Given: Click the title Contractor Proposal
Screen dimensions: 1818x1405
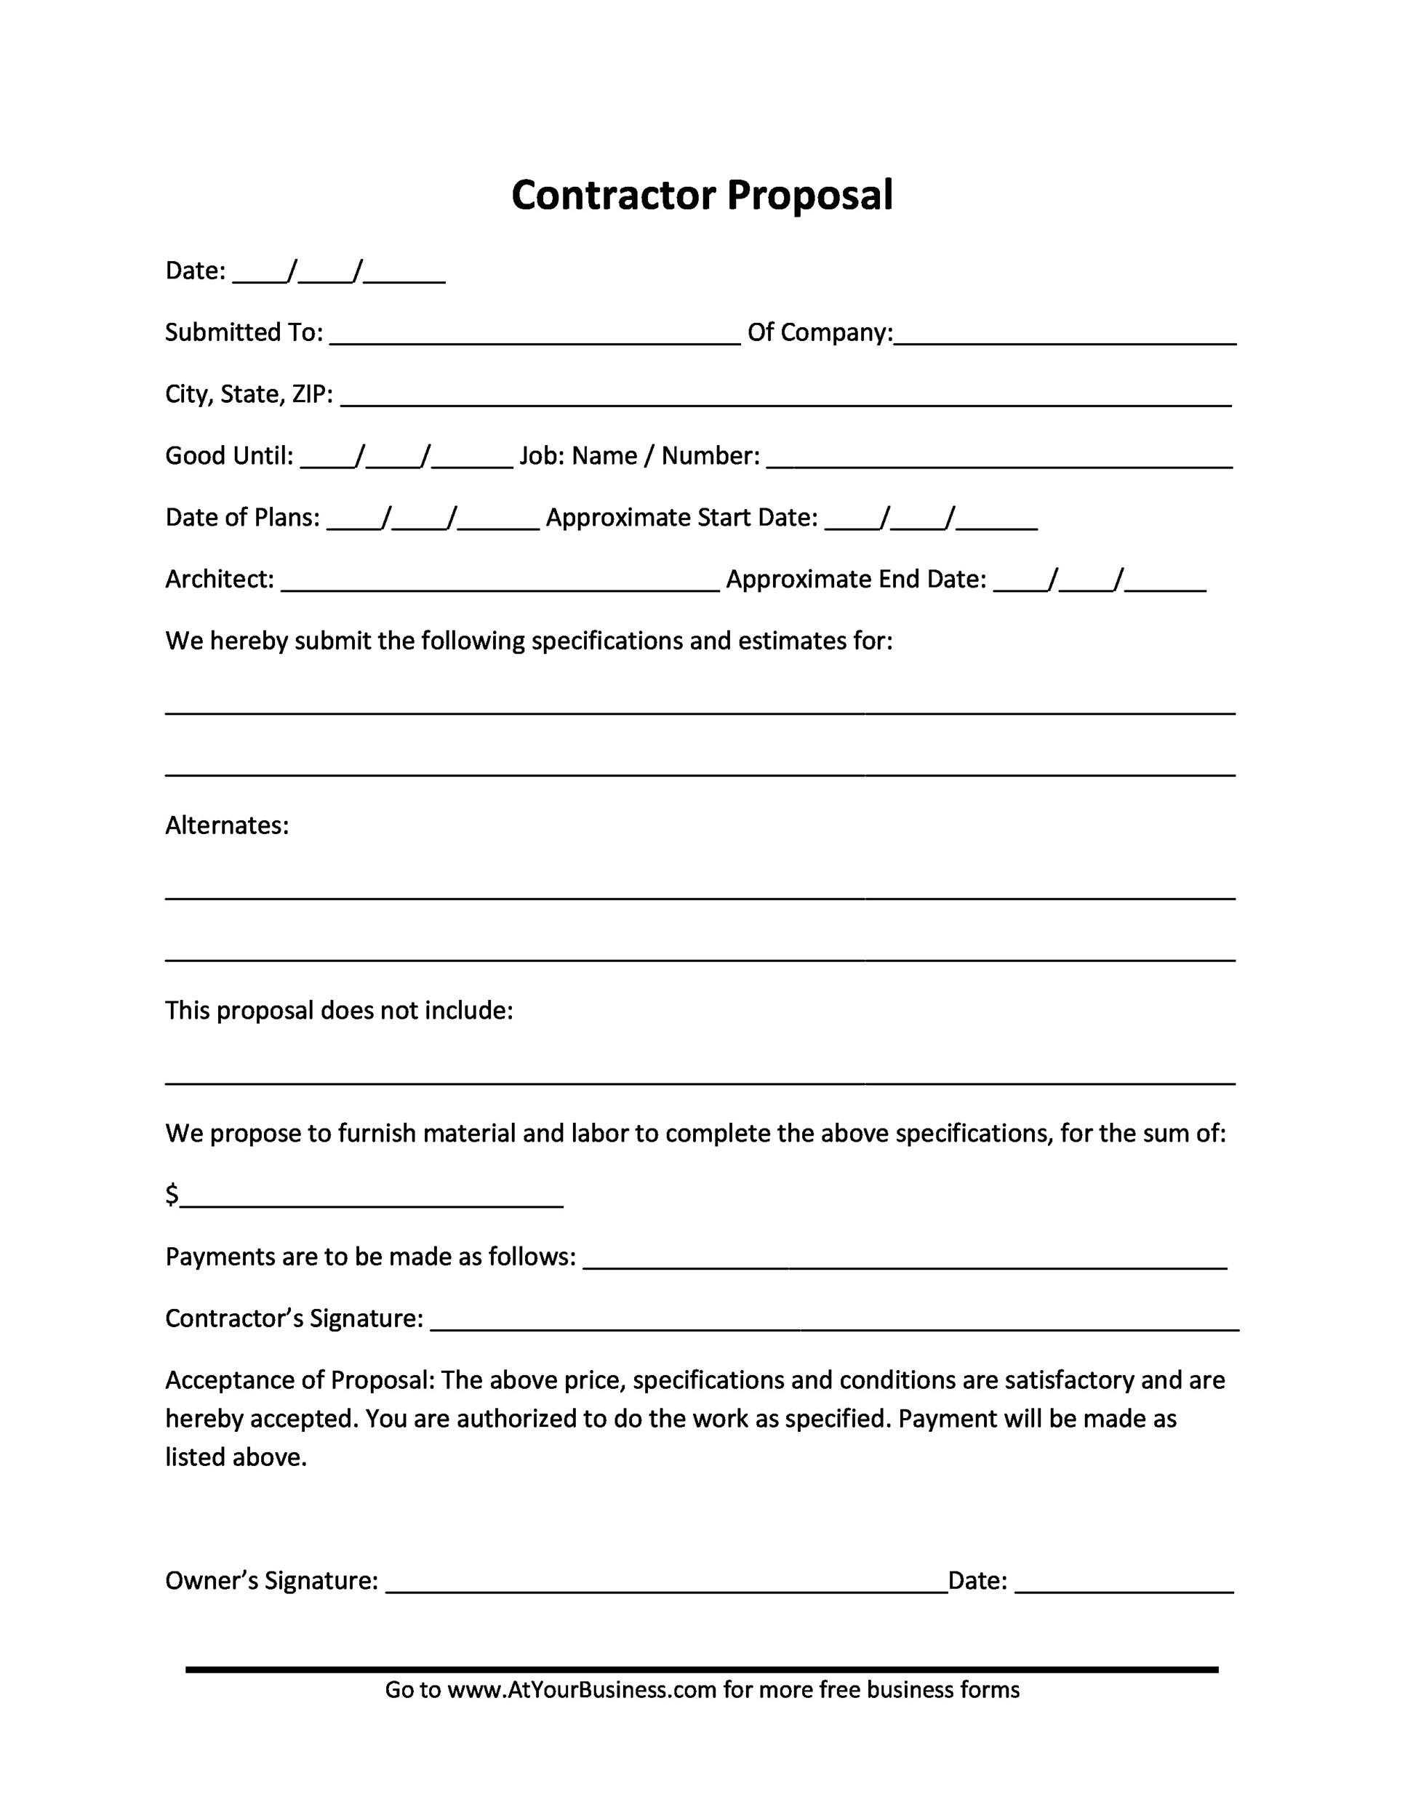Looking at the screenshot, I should tap(702, 196).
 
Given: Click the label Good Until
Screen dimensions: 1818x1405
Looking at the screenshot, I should tap(229, 456).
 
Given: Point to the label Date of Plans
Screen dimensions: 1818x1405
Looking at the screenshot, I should tap(242, 518).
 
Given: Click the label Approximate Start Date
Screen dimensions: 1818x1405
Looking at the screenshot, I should tap(681, 518).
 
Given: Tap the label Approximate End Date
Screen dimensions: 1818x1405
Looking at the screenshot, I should tap(856, 580).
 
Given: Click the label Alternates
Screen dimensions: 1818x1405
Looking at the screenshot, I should tap(226, 826).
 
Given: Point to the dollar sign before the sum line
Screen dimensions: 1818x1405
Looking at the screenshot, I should tap(172, 1196).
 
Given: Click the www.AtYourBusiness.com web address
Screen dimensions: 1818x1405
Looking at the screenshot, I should tap(582, 1689).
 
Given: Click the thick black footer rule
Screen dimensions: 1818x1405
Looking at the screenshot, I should tap(702, 1669).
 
